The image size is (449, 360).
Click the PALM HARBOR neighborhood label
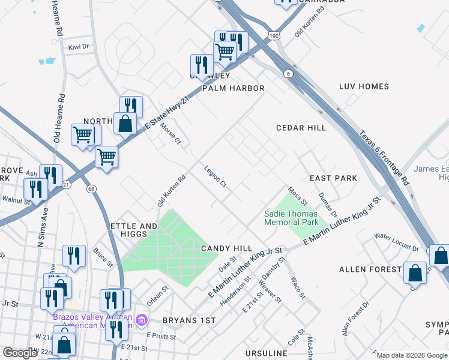(x=233, y=88)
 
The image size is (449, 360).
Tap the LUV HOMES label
(x=364, y=86)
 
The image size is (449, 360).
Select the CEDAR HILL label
(x=301, y=128)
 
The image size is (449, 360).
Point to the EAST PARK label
(x=333, y=178)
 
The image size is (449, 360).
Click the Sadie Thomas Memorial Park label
(x=291, y=218)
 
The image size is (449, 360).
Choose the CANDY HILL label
(x=226, y=248)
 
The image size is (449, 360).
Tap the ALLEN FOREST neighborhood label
(x=369, y=269)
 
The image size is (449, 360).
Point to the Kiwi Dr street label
(x=78, y=46)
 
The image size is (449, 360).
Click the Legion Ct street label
(x=214, y=176)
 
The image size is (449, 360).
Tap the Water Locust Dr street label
(x=397, y=242)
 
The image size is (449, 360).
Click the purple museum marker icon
(x=142, y=319)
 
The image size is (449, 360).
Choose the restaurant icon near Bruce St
(x=74, y=256)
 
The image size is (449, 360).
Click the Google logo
(x=20, y=353)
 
